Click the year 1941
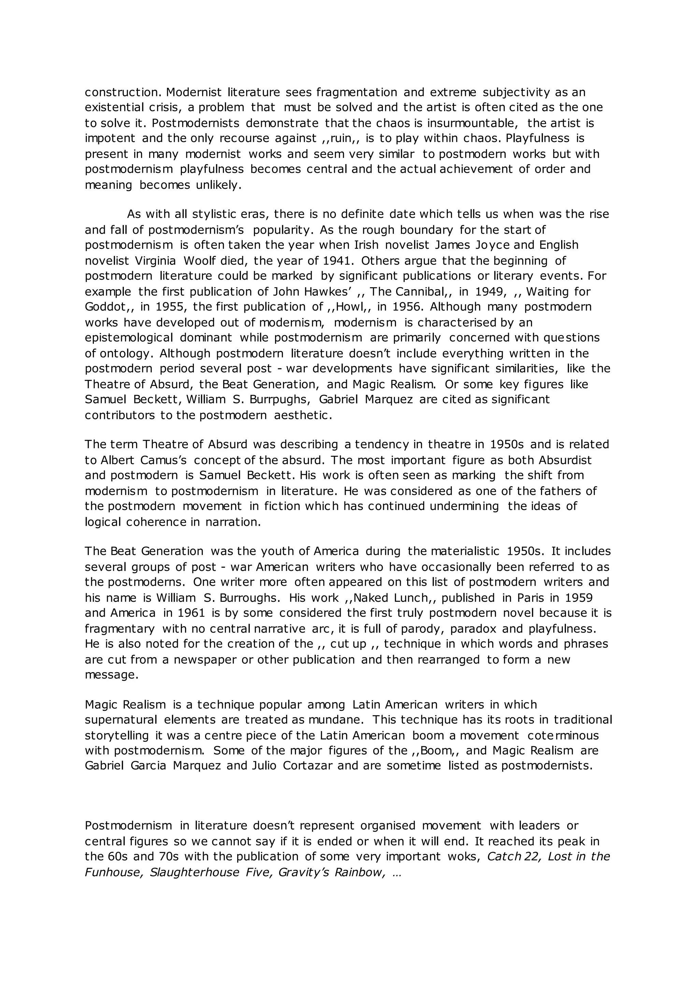(339, 260)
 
